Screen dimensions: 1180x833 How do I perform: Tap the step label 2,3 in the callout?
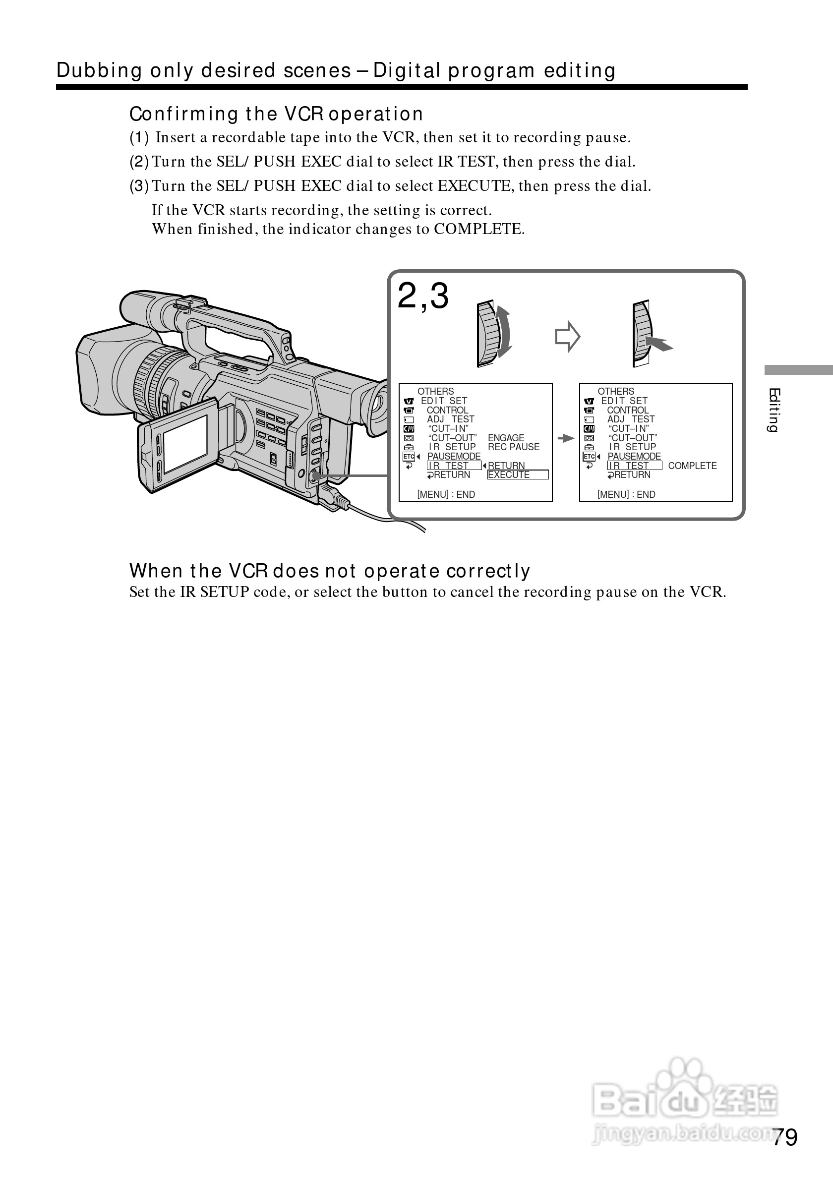(423, 296)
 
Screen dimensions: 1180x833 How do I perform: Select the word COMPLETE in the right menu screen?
(692, 466)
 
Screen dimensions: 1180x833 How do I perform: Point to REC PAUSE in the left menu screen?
(513, 447)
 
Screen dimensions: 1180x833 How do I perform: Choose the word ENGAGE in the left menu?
(506, 438)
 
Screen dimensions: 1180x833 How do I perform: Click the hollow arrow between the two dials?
(567, 337)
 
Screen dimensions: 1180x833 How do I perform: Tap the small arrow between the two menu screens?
(565, 438)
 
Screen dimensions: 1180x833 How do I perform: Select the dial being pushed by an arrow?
(642, 334)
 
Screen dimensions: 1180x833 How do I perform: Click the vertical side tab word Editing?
(773, 410)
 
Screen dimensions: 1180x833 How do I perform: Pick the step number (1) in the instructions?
(139, 138)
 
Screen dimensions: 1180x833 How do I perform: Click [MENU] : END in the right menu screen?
(626, 494)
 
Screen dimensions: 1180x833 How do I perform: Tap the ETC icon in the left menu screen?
(409, 456)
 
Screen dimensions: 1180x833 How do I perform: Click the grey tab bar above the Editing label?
(798, 369)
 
